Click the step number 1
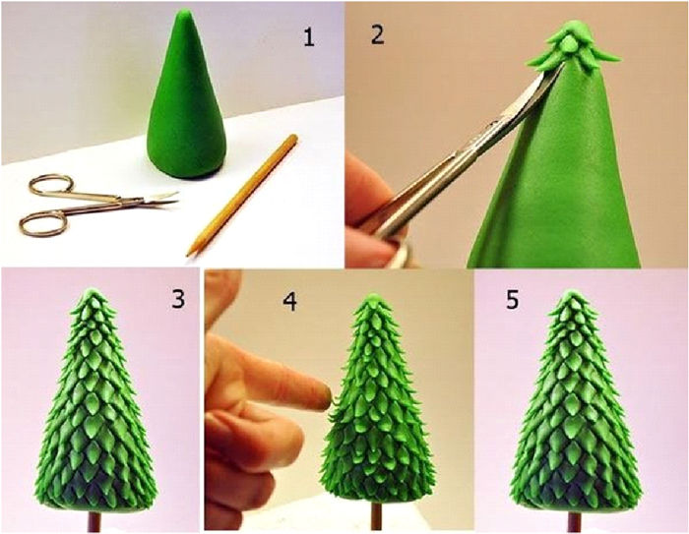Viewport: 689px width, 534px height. (x=309, y=37)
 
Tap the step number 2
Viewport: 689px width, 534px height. (x=377, y=34)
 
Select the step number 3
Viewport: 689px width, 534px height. (x=178, y=299)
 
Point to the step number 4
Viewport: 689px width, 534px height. (x=289, y=301)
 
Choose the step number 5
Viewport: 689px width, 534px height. (x=513, y=299)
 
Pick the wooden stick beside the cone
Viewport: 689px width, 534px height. (x=242, y=195)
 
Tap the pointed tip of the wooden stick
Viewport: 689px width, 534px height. (x=189, y=255)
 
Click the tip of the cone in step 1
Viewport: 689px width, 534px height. (x=186, y=11)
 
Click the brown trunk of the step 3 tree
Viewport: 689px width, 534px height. (x=94, y=521)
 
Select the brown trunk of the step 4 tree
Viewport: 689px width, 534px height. (x=376, y=515)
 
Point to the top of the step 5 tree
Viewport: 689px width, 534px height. (x=571, y=292)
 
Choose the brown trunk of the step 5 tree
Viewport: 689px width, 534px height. (x=573, y=521)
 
